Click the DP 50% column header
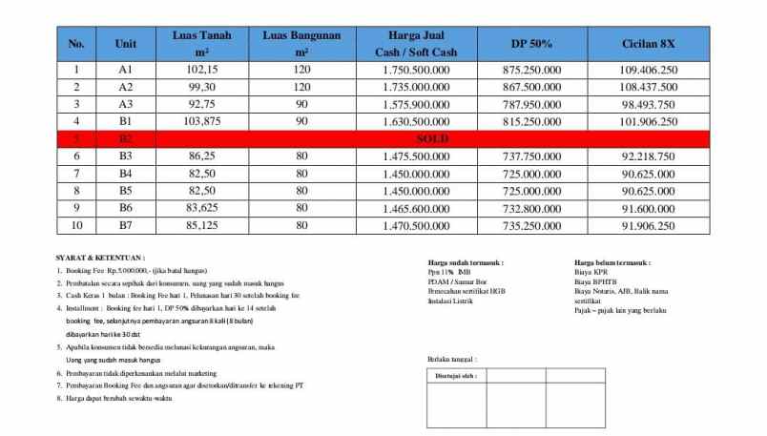click(530, 44)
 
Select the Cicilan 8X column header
click(648, 44)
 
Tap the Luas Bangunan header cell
click(301, 44)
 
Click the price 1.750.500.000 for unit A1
click(413, 71)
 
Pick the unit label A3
click(125, 104)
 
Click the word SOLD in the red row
click(432, 139)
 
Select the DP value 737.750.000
click(530, 156)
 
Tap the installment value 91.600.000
click(648, 208)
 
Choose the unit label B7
click(125, 225)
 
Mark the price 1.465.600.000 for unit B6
click(413, 208)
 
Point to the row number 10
click(77, 225)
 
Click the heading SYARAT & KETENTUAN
click(100, 258)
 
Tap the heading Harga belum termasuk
click(612, 261)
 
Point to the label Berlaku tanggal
click(452, 359)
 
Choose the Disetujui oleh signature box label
click(455, 376)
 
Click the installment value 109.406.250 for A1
click(648, 71)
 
